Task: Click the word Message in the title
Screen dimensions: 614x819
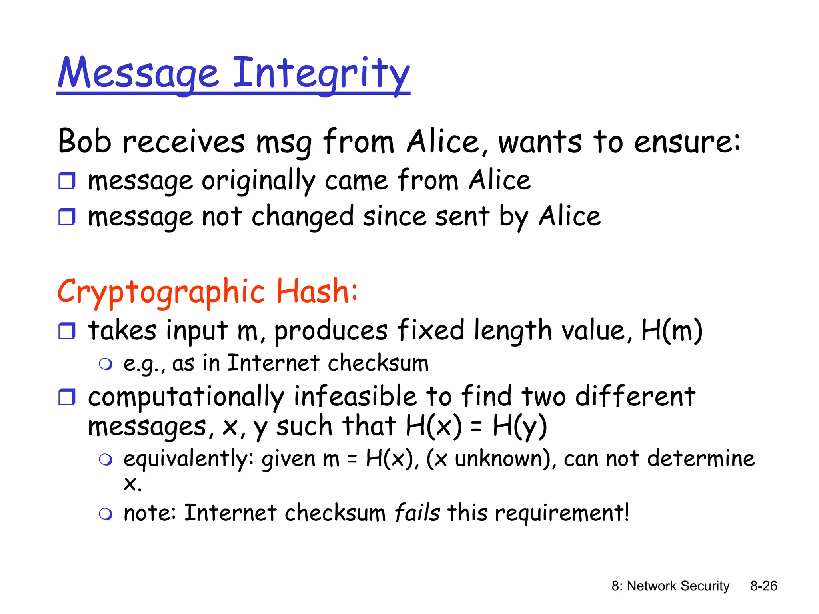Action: tap(138, 73)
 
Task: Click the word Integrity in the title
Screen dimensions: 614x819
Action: tap(321, 73)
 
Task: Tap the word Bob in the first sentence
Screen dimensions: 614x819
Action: tap(84, 142)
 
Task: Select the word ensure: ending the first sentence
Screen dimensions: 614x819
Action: tap(687, 142)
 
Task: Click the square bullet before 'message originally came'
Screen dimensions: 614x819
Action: tap(66, 181)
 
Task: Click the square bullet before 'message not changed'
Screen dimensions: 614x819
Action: tap(66, 217)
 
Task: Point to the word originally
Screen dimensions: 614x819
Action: tap(258, 181)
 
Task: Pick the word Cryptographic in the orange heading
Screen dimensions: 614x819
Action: tap(161, 292)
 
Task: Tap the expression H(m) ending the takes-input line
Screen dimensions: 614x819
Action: tap(671, 331)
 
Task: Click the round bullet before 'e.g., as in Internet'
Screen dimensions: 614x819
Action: tap(106, 364)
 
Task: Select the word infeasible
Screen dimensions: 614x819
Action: tap(355, 397)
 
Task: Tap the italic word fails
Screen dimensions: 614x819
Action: tap(417, 513)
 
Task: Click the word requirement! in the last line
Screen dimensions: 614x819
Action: tap(562, 513)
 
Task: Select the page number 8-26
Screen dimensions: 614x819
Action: tap(763, 586)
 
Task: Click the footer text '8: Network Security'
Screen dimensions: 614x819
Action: tap(670, 586)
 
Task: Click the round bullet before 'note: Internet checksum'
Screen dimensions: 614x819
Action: tap(106, 514)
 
